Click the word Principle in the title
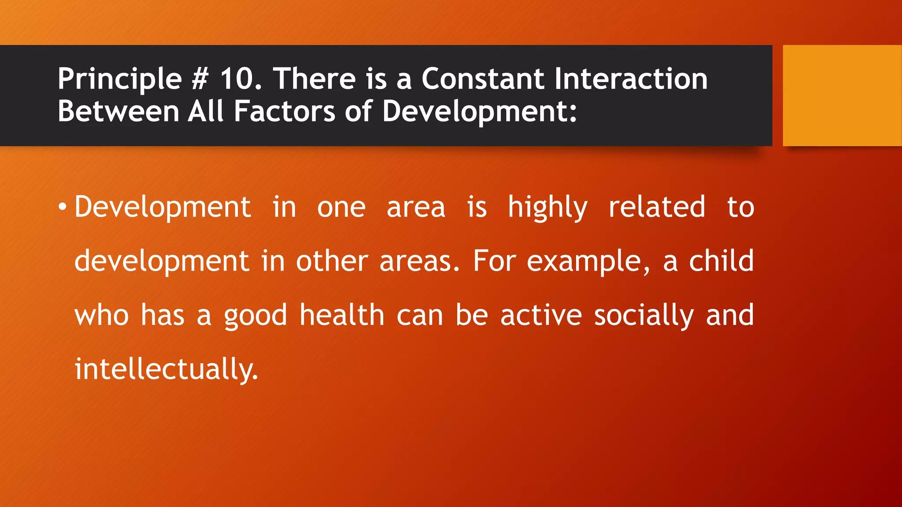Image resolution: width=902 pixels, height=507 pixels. click(x=119, y=80)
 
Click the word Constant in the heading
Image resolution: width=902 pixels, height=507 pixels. click(x=483, y=80)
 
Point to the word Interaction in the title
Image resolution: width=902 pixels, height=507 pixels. click(x=631, y=80)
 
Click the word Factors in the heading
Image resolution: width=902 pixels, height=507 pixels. click(x=284, y=111)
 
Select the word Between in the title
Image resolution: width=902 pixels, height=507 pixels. click(x=118, y=111)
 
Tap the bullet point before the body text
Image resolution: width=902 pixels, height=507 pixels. click(x=63, y=207)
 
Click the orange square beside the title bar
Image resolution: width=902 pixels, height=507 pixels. click(x=842, y=95)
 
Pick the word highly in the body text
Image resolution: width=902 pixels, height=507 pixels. click(x=547, y=207)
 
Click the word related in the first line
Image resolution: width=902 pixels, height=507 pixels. click(x=657, y=207)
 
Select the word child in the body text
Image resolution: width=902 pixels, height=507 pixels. click(x=721, y=261)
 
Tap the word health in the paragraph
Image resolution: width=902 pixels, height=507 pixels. click(x=342, y=315)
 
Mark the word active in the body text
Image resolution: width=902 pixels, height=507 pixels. click(x=541, y=315)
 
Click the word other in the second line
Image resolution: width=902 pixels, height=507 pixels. click(x=332, y=261)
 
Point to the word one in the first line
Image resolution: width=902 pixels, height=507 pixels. click(x=341, y=207)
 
